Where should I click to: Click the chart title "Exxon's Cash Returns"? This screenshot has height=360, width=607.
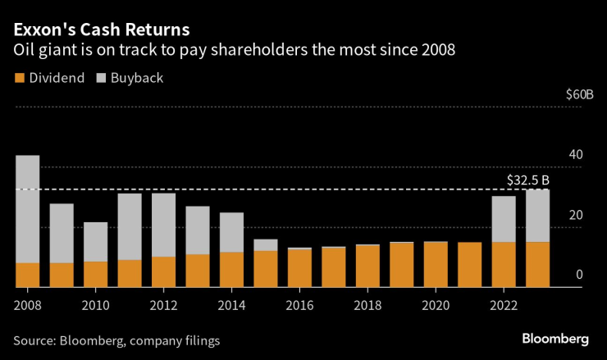click(x=100, y=30)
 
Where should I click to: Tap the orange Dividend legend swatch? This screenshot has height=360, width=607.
click(x=19, y=78)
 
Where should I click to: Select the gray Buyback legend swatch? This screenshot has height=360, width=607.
click(x=103, y=78)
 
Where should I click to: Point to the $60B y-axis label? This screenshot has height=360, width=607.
click(x=579, y=94)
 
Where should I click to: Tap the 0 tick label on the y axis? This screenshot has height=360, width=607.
click(x=579, y=275)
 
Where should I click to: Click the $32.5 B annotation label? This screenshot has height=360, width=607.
click(x=527, y=180)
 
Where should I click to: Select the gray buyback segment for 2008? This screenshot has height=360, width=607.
click(x=27, y=209)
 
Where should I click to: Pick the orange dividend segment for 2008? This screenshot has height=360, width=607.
click(x=27, y=275)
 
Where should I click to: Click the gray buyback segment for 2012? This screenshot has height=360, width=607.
click(x=163, y=225)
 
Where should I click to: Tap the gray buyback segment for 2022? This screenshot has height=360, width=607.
click(x=504, y=219)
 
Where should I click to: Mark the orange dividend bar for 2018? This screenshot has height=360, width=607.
click(x=367, y=266)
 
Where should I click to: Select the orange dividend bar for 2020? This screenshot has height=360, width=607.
click(x=436, y=264)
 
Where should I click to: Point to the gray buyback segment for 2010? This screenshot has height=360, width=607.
click(x=95, y=242)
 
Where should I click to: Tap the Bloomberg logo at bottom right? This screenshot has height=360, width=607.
click(x=555, y=339)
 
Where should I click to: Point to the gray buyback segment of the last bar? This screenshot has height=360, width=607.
click(x=537, y=216)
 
